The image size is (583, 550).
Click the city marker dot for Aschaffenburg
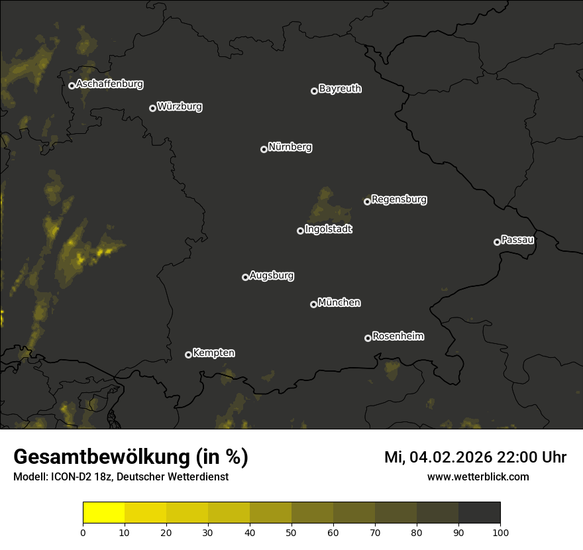pos(72,85)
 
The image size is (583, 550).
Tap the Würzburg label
pos(180,106)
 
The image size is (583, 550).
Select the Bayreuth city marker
pos(314,91)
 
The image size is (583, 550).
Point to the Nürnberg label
pos(290,147)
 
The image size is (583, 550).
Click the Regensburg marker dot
pos(367,201)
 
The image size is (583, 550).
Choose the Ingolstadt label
pos(329,229)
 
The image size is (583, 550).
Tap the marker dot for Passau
pos(497,242)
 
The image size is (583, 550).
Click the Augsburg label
pos(272,276)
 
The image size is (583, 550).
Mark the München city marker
pos(313,304)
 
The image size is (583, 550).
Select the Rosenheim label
pos(397,337)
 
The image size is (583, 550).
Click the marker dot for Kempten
pos(188,355)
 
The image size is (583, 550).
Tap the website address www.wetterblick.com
pos(478,477)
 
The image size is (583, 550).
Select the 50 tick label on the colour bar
pos(291,531)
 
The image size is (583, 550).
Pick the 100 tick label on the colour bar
pos(500,531)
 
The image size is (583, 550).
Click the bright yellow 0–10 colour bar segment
pos(104,513)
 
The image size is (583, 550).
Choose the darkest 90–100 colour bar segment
pos(479,513)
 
